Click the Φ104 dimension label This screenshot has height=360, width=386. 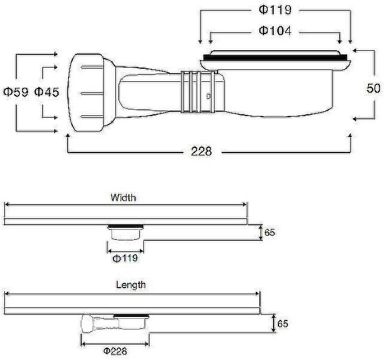275,30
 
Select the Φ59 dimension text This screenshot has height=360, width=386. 16,92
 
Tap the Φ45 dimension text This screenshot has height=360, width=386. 47,92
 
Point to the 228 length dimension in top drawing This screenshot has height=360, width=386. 201,151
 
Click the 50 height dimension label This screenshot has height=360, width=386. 373,89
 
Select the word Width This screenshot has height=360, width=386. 123,197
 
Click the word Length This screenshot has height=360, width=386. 131,285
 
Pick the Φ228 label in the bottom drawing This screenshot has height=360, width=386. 115,351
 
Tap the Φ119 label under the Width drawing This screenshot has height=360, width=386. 125,258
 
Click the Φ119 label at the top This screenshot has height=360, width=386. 275,10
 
